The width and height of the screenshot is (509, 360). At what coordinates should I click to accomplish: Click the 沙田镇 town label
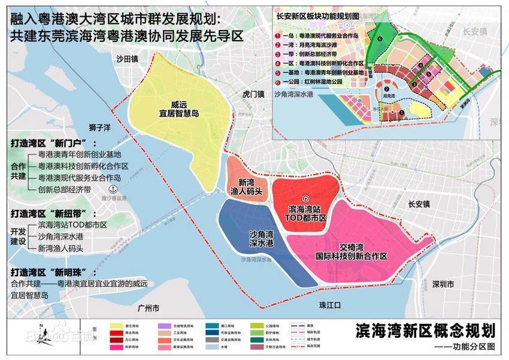point(127,58)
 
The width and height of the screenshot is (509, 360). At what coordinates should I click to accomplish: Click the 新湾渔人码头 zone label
point(251,187)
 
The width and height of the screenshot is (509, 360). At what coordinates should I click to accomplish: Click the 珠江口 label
point(329,305)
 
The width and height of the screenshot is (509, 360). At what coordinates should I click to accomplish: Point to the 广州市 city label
point(148,309)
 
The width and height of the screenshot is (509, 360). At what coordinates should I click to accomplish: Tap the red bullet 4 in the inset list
point(277,62)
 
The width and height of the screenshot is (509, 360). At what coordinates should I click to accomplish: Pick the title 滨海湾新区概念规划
point(425,330)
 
